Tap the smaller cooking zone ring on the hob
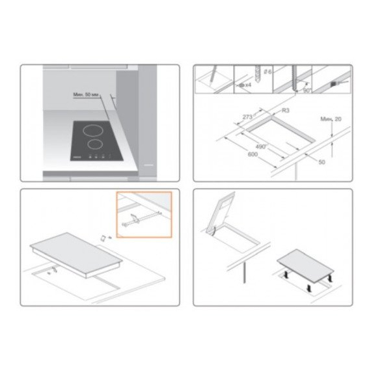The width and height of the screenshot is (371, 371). point(96,144)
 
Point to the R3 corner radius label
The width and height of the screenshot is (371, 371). point(286,111)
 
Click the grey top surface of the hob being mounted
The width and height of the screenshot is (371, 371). point(77,248)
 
